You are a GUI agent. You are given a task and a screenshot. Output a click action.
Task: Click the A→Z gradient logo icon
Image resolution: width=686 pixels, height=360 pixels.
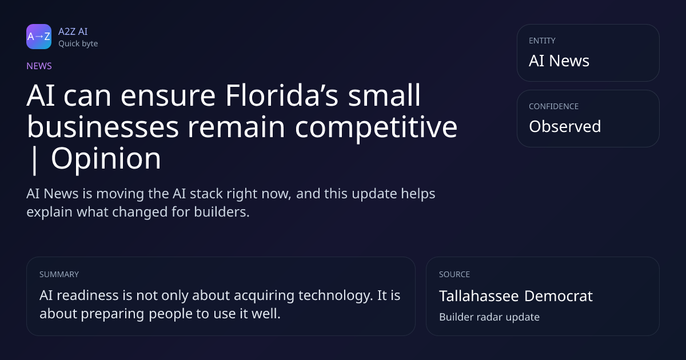[x=39, y=37]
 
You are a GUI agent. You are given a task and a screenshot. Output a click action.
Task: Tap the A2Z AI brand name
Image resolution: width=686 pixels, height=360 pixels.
[x=73, y=31]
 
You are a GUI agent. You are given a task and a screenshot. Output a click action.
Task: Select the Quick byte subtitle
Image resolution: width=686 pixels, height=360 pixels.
[x=78, y=44]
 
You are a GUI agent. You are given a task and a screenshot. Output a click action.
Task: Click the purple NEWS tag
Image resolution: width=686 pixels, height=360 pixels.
[x=39, y=66]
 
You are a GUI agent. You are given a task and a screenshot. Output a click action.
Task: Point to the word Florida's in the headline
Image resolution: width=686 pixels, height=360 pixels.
[x=282, y=95]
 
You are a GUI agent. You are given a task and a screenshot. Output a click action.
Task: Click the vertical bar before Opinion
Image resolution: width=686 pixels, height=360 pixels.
[x=34, y=161]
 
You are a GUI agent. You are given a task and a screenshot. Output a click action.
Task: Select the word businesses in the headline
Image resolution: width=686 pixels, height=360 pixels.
[x=103, y=126]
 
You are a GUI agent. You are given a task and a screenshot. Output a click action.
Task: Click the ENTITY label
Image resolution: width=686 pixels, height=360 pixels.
[x=542, y=41]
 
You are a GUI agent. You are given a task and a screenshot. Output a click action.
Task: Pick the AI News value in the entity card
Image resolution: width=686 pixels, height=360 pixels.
[x=559, y=61]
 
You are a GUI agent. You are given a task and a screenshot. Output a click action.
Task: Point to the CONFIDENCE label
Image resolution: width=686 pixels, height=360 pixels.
[x=553, y=106]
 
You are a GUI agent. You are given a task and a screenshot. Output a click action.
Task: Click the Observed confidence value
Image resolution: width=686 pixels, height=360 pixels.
[x=565, y=126]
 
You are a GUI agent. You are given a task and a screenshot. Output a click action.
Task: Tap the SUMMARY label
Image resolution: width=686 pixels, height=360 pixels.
[x=59, y=274]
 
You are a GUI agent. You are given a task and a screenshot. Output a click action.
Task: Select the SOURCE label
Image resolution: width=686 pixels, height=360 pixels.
[x=454, y=274]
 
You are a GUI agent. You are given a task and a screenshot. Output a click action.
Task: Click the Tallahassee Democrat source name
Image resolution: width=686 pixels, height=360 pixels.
[x=516, y=296]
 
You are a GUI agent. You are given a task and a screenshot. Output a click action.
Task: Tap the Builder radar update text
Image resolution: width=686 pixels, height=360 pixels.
[x=489, y=317]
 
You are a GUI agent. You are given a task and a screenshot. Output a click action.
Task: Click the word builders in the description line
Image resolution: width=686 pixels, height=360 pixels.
[x=222, y=212]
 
